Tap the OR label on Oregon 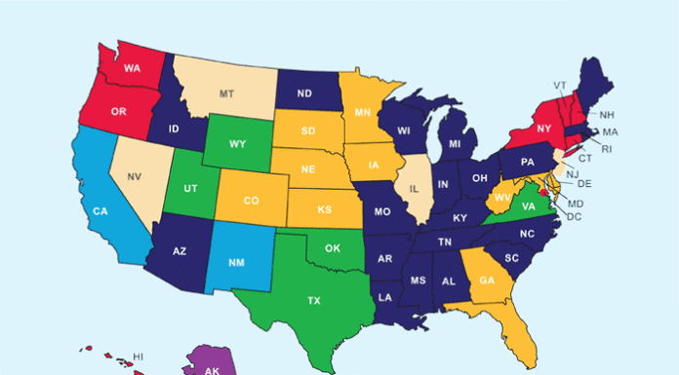pyautogui.click(x=118, y=112)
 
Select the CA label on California pyautogui.click(x=100, y=210)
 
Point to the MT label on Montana pyautogui.click(x=225, y=94)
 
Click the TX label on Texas pyautogui.click(x=313, y=301)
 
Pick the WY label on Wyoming pyautogui.click(x=236, y=145)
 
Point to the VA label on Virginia pyautogui.click(x=527, y=206)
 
